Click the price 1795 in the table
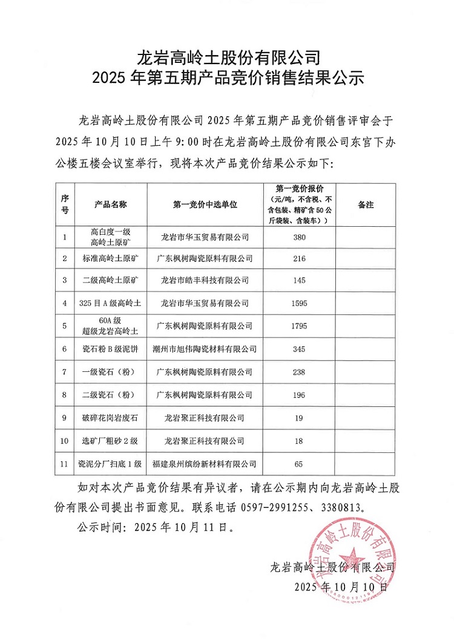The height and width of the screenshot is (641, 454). [299, 326]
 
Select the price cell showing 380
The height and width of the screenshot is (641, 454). [299, 236]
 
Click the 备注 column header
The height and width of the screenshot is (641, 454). [366, 204]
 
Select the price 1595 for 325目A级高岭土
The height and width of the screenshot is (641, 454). [299, 303]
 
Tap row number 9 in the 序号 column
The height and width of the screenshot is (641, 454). [65, 417]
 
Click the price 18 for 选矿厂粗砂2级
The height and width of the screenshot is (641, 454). [299, 441]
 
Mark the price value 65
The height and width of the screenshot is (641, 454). [299, 464]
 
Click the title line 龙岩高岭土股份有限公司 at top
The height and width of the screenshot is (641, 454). [227, 58]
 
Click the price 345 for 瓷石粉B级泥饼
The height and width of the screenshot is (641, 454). [299, 349]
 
